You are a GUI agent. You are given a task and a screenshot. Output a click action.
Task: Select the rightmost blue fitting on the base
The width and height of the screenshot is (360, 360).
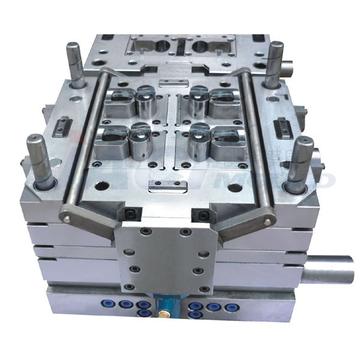pos(229,307)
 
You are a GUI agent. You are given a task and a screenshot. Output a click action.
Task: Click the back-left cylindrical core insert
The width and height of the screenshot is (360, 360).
pos(144,102)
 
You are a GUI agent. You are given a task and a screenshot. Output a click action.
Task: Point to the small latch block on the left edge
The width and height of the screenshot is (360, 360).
pos(64,127)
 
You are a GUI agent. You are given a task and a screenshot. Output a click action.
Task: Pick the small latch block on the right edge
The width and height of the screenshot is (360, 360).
pos(283,128)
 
